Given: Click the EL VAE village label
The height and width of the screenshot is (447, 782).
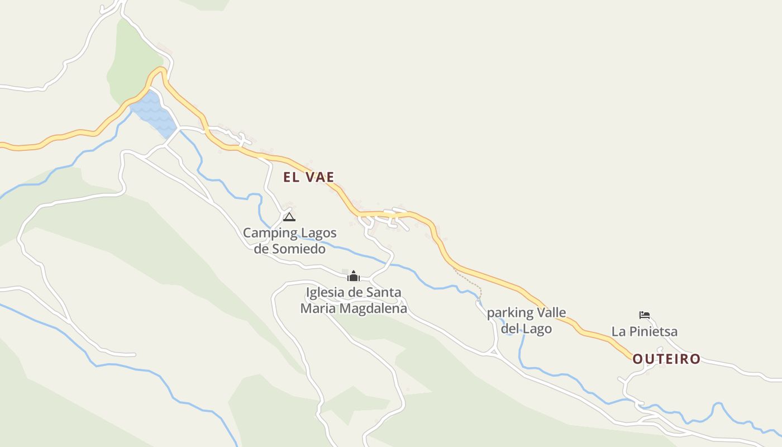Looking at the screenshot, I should click(x=308, y=177).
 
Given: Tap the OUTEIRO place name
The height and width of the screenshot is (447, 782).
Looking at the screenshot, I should click(x=666, y=359).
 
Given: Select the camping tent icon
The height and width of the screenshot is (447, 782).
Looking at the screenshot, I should click(x=289, y=216).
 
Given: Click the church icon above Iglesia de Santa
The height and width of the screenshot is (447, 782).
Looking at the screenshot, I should click(x=353, y=275).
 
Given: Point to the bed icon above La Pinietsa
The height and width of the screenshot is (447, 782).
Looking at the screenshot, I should click(x=645, y=315).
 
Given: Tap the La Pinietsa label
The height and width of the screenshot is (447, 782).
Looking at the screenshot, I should click(x=644, y=331).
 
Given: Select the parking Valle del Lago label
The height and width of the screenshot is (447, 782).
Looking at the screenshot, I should click(x=526, y=320).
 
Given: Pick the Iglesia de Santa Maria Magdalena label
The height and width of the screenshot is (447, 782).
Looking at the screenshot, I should click(x=353, y=300).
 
